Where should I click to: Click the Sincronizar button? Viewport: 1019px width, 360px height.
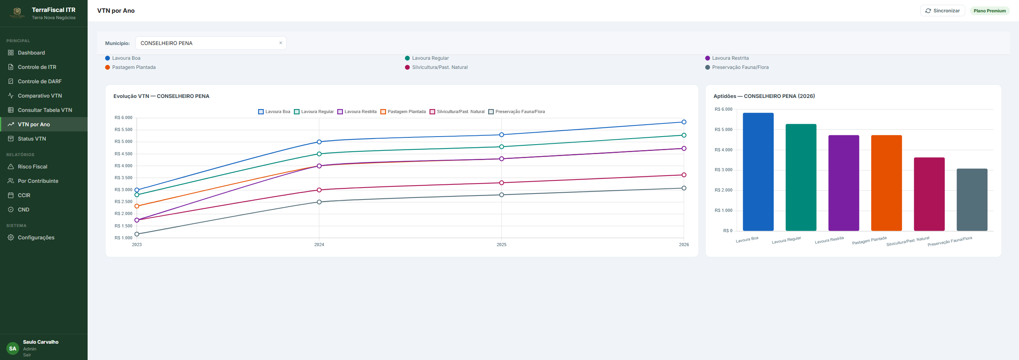point(942,11)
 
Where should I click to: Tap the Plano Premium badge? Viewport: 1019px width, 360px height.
point(990,11)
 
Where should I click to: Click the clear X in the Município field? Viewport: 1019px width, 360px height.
point(281,43)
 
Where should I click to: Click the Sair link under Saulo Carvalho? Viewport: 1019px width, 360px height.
point(27,355)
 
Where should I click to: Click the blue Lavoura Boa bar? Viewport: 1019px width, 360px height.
point(758,172)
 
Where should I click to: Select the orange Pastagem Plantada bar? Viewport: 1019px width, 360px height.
point(886,183)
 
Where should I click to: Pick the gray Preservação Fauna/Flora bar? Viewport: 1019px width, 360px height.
point(972,200)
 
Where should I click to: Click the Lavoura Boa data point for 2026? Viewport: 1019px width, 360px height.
point(684,122)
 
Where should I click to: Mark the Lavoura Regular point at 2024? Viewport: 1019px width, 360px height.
point(319,154)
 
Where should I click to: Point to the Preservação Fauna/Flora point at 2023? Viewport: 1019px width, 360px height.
point(137,234)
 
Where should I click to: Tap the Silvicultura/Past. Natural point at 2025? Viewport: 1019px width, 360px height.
point(501,183)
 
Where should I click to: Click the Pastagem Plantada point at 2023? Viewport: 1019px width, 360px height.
point(137,206)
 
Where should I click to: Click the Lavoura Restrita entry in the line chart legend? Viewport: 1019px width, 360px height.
point(357,112)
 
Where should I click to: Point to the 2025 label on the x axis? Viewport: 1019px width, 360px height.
point(501,245)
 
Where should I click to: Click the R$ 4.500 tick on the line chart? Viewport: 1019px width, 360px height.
point(123,154)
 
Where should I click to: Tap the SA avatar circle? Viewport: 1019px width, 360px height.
point(13,348)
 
